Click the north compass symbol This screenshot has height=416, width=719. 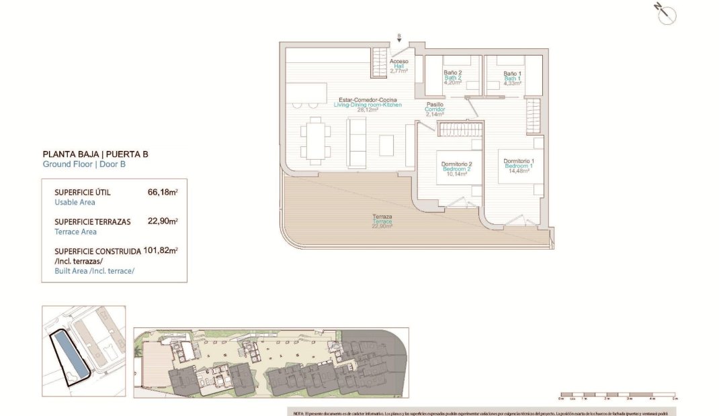[x=667, y=14]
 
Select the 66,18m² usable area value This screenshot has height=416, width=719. [x=162, y=192]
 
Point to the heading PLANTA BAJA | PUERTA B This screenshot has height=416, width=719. [x=95, y=154]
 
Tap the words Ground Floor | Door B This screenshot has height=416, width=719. [x=84, y=164]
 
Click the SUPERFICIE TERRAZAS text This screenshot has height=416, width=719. [x=92, y=221]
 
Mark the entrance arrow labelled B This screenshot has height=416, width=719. [x=399, y=38]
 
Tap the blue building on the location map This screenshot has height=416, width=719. [x=69, y=354]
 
